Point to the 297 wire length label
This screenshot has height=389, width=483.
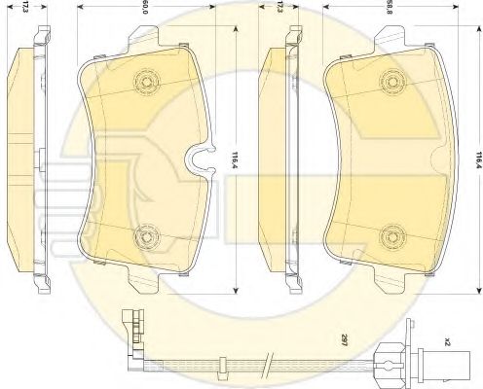(x=344, y=341)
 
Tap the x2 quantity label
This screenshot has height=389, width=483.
(x=448, y=341)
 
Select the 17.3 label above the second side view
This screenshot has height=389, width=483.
(x=279, y=7)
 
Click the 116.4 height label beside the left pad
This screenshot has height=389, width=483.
(x=235, y=159)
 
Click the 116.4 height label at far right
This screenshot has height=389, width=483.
(x=477, y=159)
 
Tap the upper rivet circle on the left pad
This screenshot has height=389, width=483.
(x=147, y=81)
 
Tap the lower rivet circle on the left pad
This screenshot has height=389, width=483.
(x=147, y=236)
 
